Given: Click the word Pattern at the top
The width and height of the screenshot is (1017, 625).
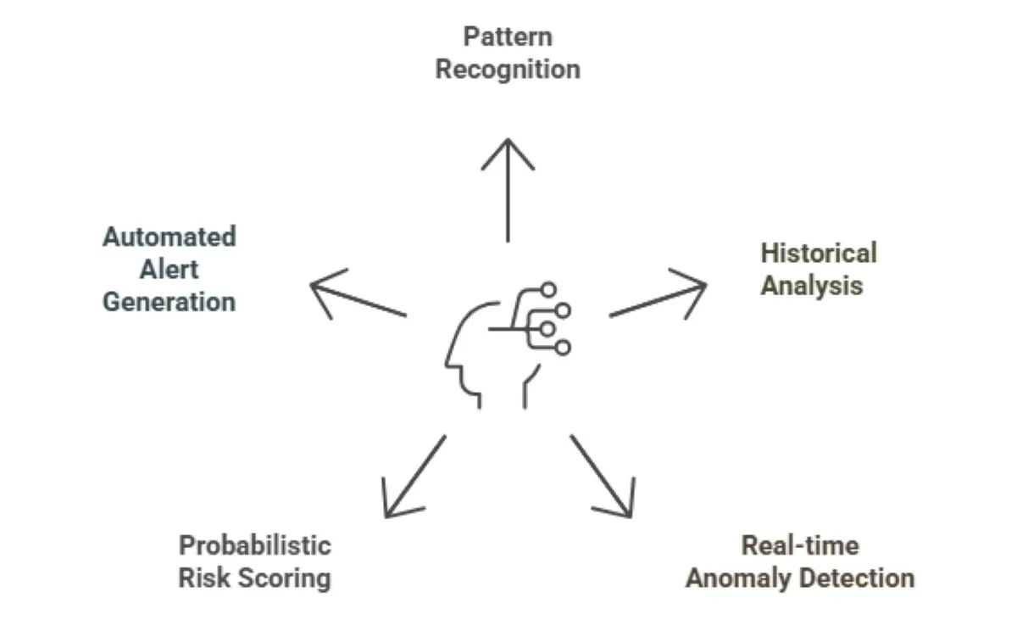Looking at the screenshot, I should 508,37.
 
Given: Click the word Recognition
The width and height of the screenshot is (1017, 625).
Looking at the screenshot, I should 508,70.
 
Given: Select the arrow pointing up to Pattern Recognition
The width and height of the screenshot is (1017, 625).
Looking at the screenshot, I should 508,190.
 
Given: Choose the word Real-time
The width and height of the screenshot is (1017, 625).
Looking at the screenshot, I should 799,545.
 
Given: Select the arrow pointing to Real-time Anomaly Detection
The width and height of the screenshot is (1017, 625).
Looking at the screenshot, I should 602,477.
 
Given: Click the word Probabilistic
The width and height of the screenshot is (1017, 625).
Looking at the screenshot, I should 254,545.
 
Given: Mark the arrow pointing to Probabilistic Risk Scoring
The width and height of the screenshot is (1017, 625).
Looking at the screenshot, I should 414,477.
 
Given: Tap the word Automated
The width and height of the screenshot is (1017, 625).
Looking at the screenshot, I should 169,237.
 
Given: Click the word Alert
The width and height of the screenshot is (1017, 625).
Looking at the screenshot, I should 169,270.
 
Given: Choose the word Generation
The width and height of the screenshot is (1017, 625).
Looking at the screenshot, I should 169,303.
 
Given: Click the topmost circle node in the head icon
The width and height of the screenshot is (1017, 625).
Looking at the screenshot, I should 548,290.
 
